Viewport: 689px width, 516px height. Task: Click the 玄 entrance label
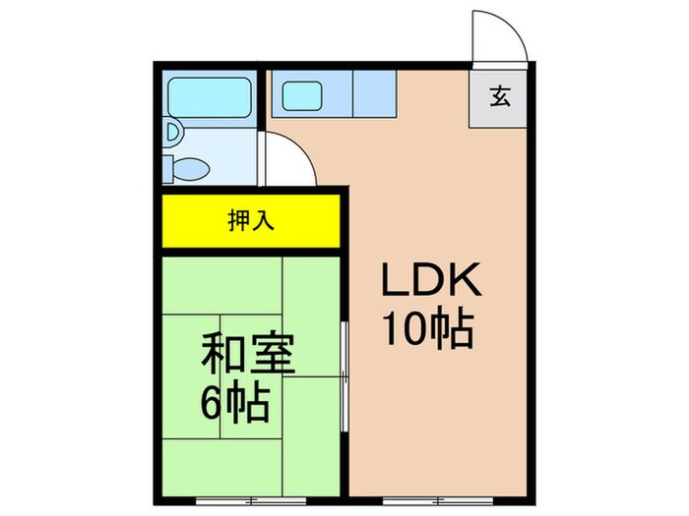(501, 96)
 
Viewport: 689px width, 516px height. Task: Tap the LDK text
(431, 284)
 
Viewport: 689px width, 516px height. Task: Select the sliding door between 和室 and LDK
(344, 373)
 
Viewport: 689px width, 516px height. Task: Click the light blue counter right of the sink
(373, 95)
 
